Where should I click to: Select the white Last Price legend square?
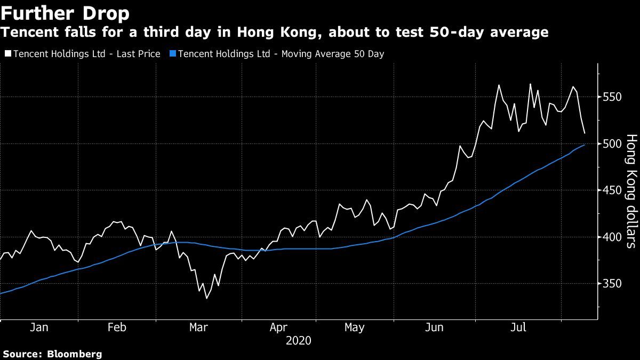[8, 54]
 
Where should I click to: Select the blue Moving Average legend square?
[172, 54]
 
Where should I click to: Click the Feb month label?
[117, 327]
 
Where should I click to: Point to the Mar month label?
[198, 327]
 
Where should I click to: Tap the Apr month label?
[279, 327]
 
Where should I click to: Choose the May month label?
[354, 327]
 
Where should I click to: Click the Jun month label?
[435, 327]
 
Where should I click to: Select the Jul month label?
[518, 327]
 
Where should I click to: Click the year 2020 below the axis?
[299, 340]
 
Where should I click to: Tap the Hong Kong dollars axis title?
[631, 191]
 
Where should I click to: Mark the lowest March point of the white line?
[206, 298]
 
